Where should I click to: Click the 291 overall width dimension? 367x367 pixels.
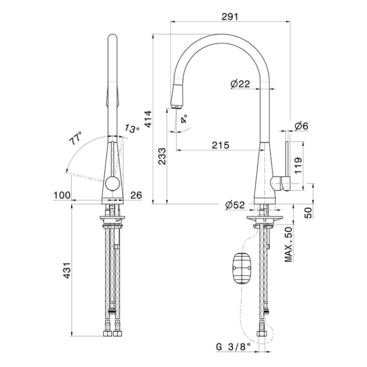click(230, 16)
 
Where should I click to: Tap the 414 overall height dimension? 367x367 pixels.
click(148, 119)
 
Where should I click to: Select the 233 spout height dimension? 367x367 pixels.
click(162, 156)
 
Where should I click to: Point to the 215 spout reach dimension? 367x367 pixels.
click(221, 145)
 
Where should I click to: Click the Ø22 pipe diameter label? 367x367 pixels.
click(240, 83)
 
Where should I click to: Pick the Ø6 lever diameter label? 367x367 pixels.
click(301, 126)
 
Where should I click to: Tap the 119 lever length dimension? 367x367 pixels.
click(299, 166)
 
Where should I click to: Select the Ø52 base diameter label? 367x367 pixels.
click(235, 206)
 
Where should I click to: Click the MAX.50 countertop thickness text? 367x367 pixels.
click(289, 244)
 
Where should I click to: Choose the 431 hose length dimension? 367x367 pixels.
click(67, 271)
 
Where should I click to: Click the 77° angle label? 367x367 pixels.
click(75, 138)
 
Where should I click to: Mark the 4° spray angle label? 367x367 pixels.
click(184, 119)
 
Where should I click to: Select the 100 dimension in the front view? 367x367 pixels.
click(62, 195)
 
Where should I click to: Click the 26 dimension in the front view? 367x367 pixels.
click(136, 195)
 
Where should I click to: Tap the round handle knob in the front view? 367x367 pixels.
click(113, 183)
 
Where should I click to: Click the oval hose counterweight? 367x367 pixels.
click(242, 268)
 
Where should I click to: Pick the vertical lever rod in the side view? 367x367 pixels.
click(287, 159)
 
